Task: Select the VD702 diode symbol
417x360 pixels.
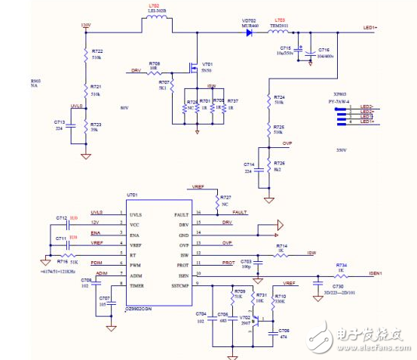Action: (x=250, y=32)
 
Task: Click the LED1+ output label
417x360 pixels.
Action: (x=370, y=28)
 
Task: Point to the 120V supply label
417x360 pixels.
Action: (x=85, y=25)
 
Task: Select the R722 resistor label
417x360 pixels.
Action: (x=96, y=51)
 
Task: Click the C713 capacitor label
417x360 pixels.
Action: (x=60, y=121)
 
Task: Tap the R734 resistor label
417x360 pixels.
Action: (x=340, y=266)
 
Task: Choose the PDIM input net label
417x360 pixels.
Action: (x=97, y=262)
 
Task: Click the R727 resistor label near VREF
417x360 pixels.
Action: (x=225, y=195)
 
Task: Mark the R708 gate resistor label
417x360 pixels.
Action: (x=154, y=63)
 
